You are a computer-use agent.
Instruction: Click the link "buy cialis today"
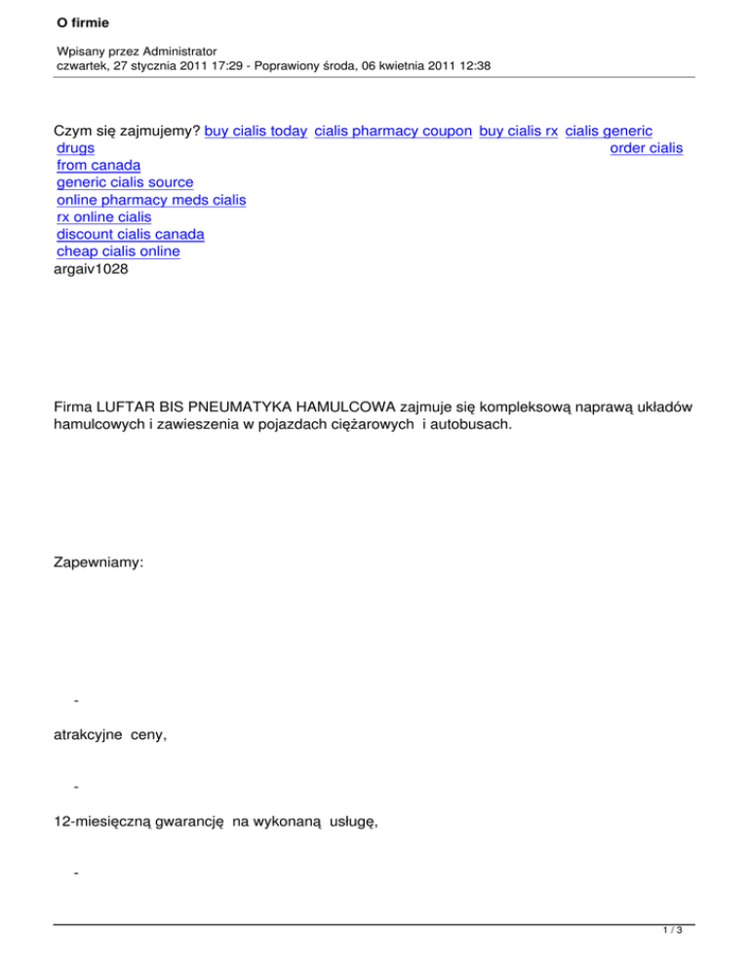pyautogui.click(x=256, y=130)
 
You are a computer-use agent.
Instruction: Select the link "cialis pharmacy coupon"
pyautogui.click(x=394, y=130)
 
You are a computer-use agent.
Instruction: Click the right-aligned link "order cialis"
pyautogui.click(x=646, y=147)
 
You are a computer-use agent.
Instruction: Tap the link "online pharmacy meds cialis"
pyautogui.click(x=151, y=200)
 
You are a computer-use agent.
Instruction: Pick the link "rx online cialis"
pyautogui.click(x=104, y=217)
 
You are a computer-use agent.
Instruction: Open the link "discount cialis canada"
pyautogui.click(x=131, y=235)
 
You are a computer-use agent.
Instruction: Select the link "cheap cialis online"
pyautogui.click(x=118, y=252)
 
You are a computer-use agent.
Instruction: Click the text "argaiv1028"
pyautogui.click(x=91, y=270)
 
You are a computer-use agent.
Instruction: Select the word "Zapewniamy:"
pyautogui.click(x=99, y=564)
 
